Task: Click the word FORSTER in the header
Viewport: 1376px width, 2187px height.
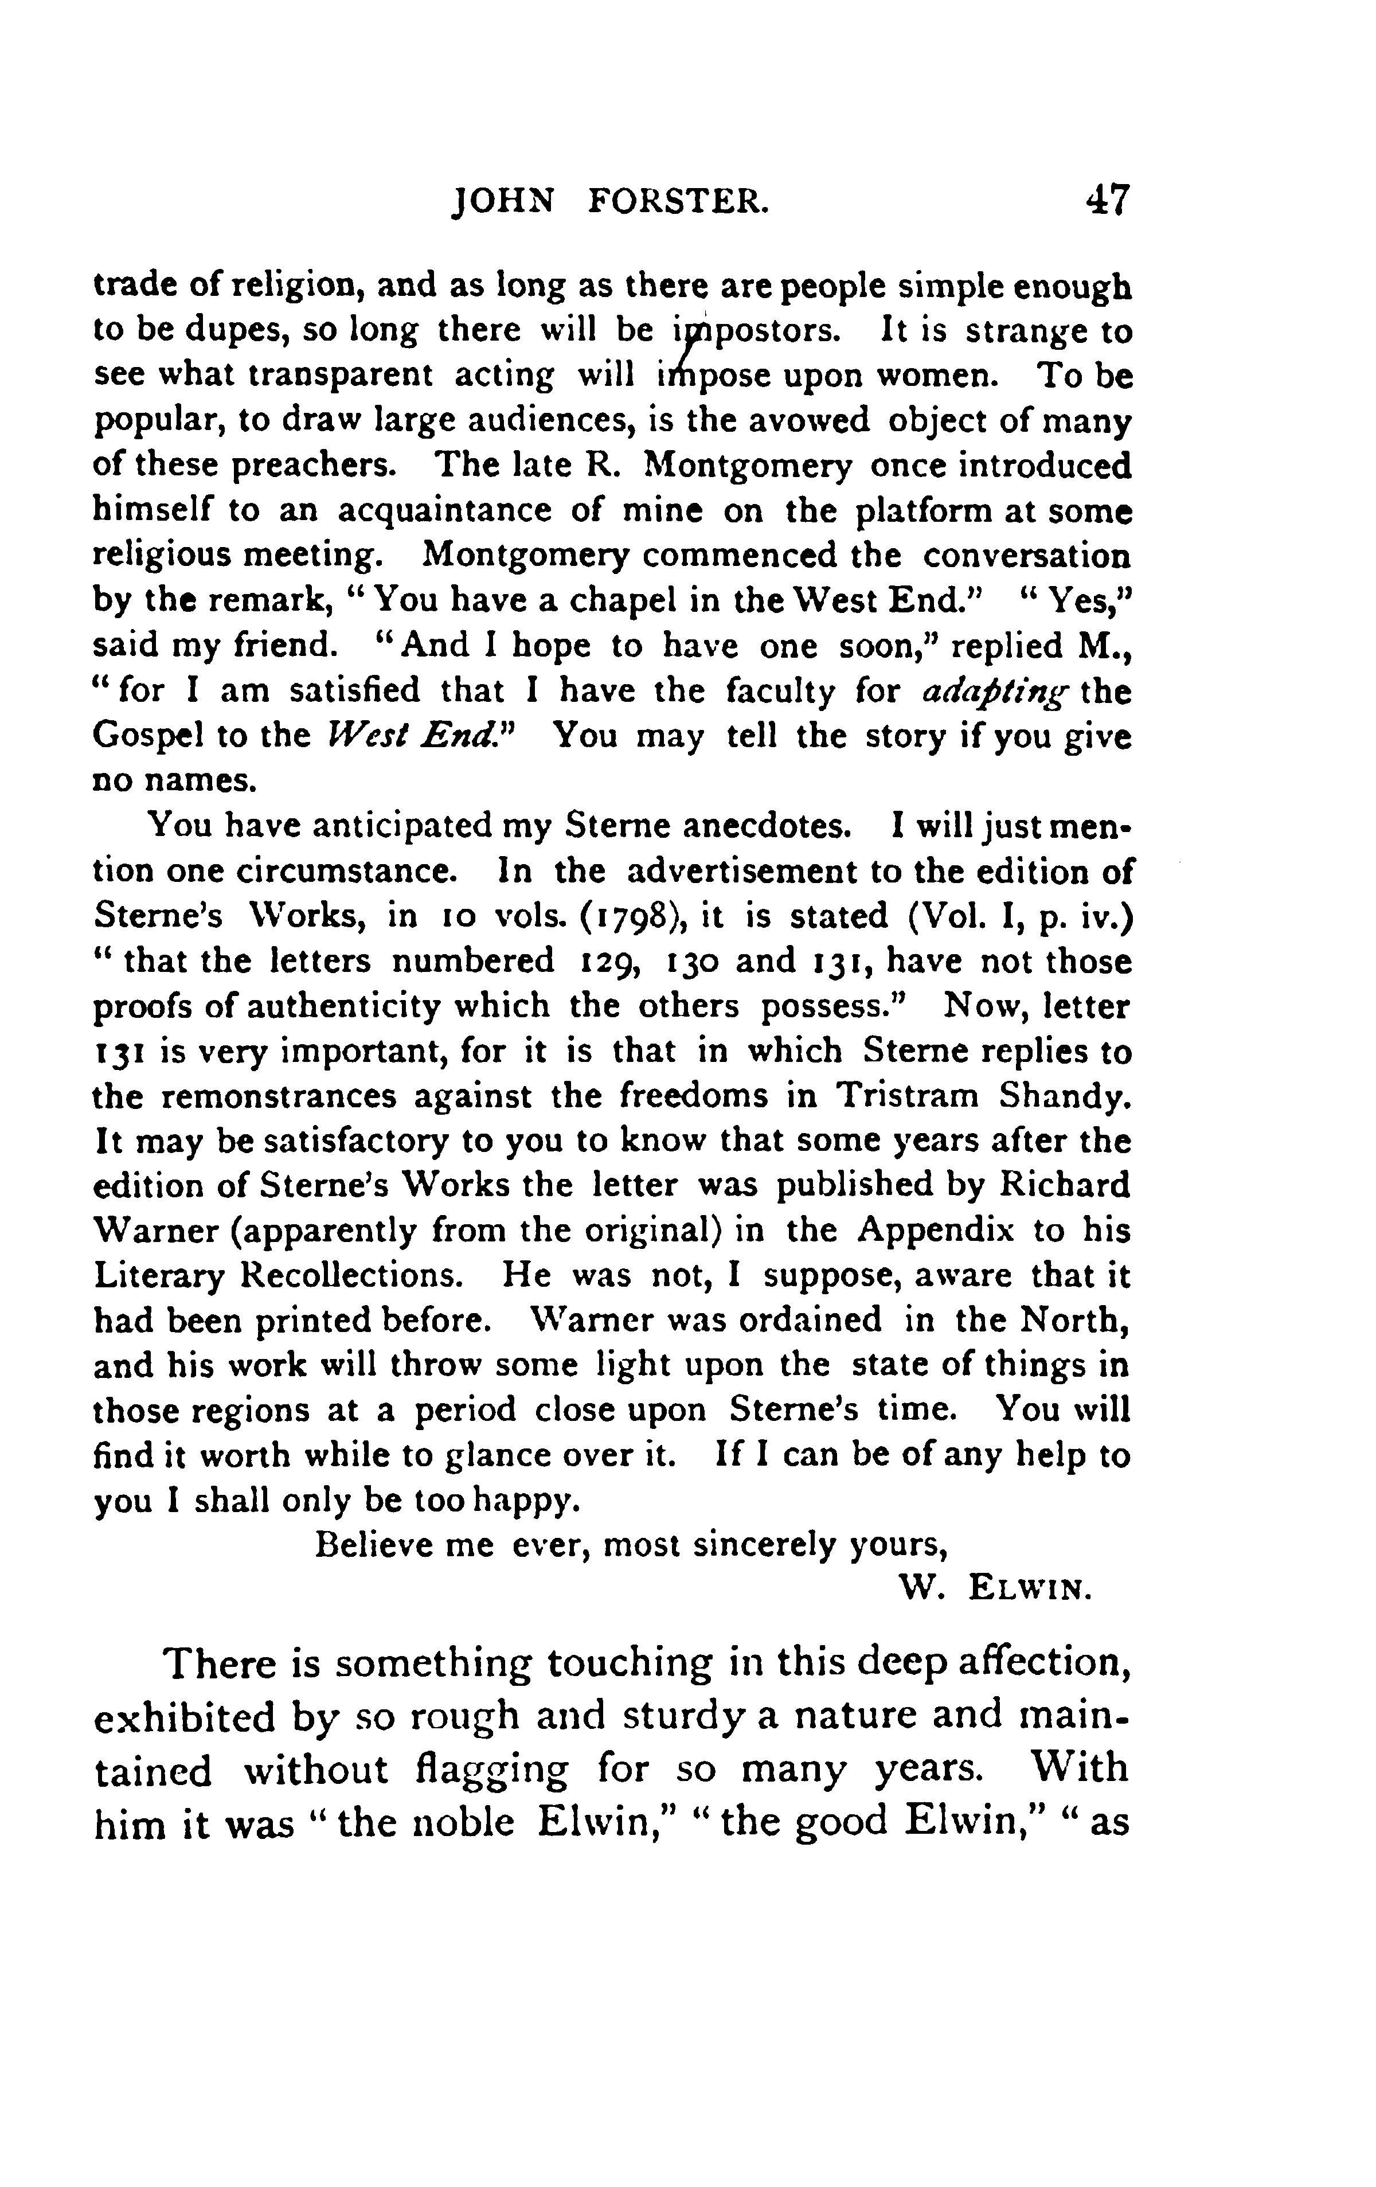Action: point(678,201)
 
